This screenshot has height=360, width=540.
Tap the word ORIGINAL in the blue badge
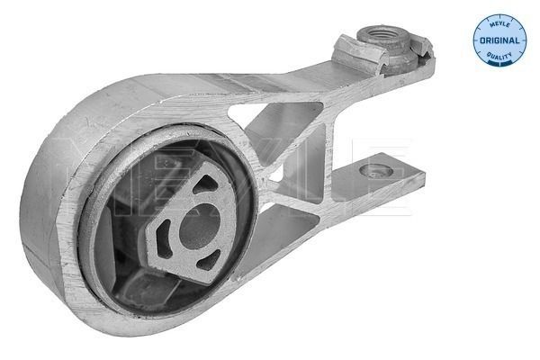(499, 40)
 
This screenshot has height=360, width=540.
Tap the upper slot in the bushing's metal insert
(202, 183)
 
